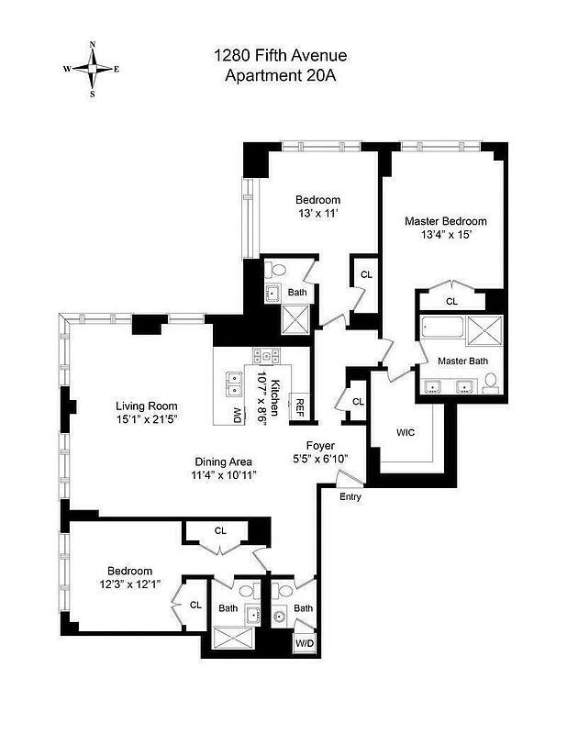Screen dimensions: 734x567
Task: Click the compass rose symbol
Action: coord(91,68)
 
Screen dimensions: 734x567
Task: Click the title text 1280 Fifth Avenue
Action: coord(280,57)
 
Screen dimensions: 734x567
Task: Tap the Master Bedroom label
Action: coord(446,221)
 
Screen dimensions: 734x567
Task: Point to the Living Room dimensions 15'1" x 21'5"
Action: coord(147,420)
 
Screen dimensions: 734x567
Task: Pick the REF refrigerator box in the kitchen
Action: coord(297,406)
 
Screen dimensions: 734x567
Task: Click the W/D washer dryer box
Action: coord(304,644)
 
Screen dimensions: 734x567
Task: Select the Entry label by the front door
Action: coord(350,496)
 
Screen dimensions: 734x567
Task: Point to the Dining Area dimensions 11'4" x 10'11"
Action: coord(223,475)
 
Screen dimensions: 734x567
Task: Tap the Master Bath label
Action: coord(462,361)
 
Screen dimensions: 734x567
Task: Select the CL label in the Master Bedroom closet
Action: coord(451,301)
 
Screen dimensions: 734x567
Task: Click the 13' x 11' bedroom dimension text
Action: coord(317,214)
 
